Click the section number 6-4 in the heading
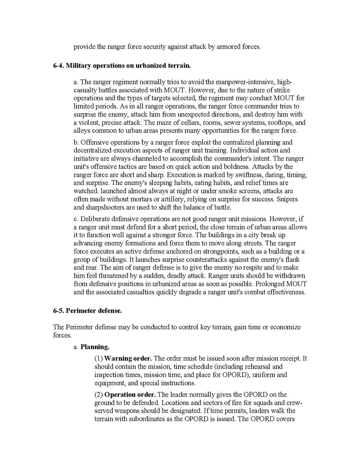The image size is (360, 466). (58, 66)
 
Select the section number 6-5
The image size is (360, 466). (58, 311)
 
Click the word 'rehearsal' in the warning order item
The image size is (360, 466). (258, 366)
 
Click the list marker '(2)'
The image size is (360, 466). (99, 394)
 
